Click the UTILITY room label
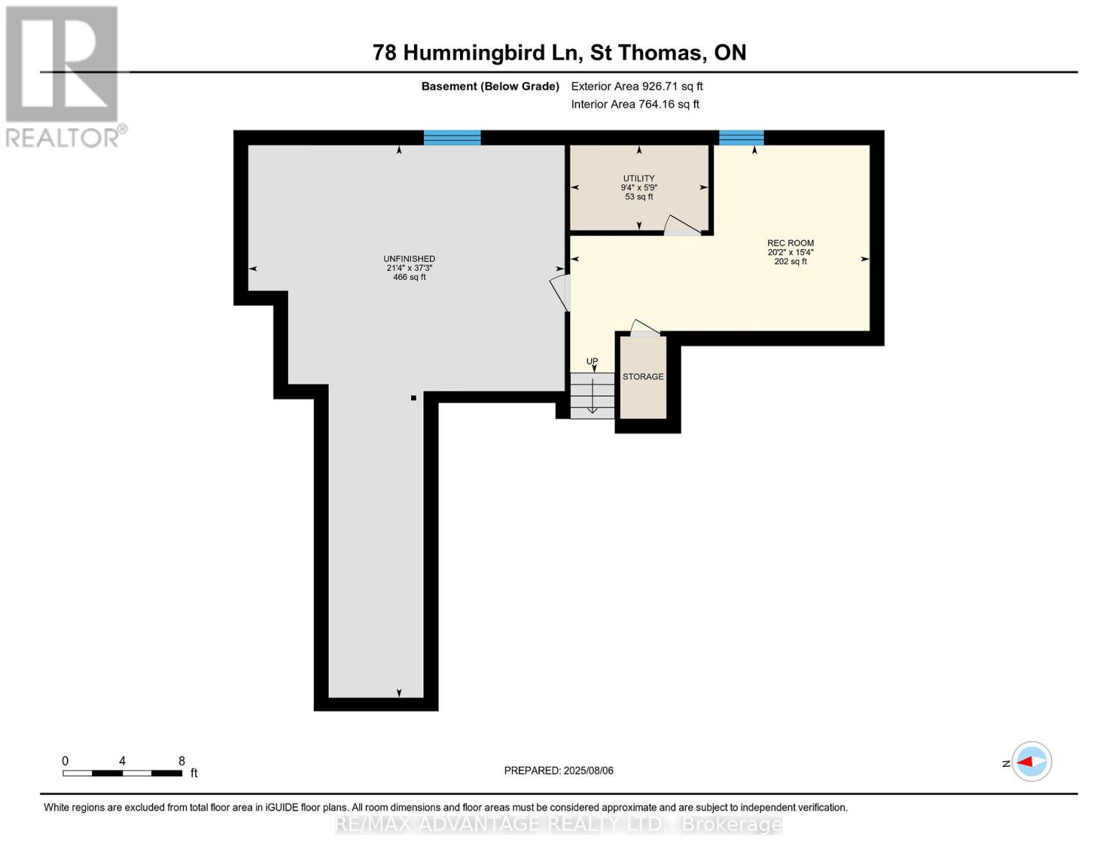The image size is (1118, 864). (x=639, y=179)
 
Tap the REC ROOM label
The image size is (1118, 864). (x=790, y=243)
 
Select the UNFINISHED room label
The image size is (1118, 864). (x=409, y=259)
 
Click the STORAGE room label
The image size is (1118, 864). (x=643, y=377)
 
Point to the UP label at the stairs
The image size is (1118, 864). (x=592, y=361)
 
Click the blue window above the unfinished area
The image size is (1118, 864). (x=451, y=138)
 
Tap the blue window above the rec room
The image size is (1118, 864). (x=741, y=138)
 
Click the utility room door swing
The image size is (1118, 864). (x=680, y=225)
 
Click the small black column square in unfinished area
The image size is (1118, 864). (x=413, y=397)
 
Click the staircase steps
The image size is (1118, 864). (x=592, y=395)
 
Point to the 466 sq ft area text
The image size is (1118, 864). (x=409, y=277)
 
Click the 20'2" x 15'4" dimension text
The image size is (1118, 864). (x=790, y=253)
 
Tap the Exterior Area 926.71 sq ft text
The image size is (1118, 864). (x=636, y=86)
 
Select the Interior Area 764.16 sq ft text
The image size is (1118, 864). (x=635, y=104)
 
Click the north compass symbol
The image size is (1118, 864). (x=1031, y=761)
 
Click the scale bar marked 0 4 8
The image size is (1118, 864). (x=122, y=773)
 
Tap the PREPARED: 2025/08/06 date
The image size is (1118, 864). (x=558, y=770)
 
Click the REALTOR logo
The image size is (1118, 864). (x=63, y=76)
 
